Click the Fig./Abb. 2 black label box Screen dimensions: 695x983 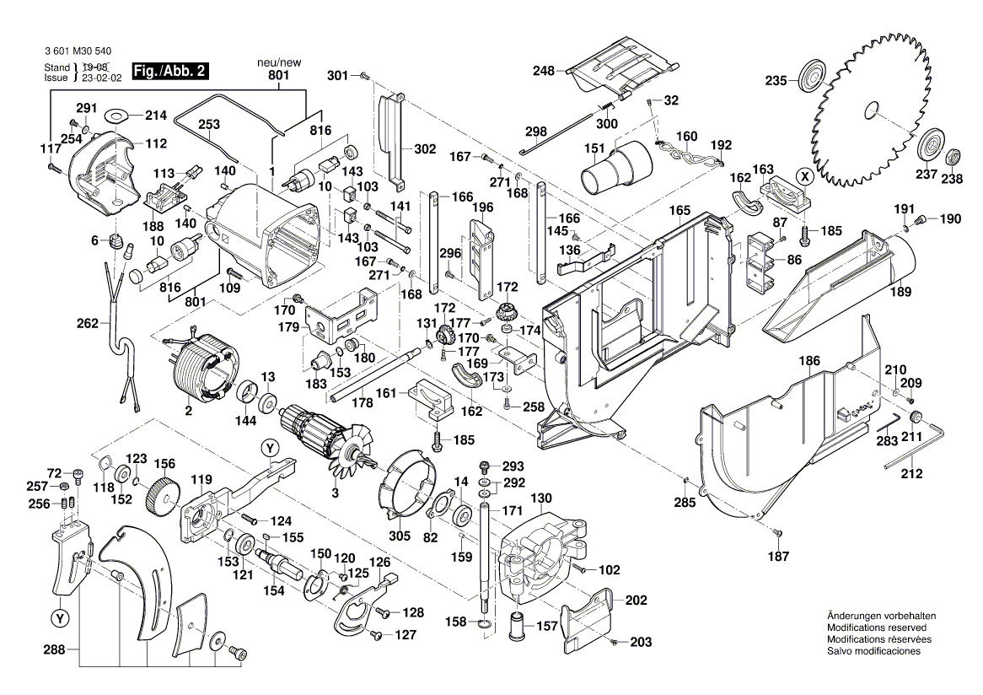169,72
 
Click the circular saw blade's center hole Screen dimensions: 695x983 872,110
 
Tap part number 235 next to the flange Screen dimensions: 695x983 775,81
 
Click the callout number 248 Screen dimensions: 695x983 543,71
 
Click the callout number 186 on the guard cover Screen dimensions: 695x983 809,361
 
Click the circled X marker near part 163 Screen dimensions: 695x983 806,176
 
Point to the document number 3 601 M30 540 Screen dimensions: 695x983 75,51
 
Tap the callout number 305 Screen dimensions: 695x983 400,536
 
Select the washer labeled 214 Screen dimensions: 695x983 116,113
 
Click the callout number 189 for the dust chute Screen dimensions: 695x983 900,293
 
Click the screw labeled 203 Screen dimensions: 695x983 616,642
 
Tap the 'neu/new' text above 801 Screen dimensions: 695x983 279,62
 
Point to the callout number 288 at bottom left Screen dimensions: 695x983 53,650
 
